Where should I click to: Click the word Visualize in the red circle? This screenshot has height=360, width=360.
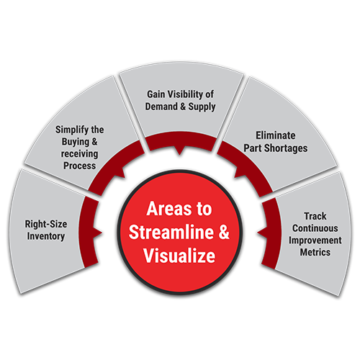coord(179,256)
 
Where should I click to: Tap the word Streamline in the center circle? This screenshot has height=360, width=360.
coord(171,232)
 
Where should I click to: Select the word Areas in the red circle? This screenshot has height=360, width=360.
coord(168,209)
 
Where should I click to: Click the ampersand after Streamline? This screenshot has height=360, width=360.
coord(224,232)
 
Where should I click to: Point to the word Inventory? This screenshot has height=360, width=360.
coord(46,236)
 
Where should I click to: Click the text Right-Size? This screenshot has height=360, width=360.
coord(46,224)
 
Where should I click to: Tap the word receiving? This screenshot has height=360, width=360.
coord(79,154)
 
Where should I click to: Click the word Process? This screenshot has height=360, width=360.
coord(79,166)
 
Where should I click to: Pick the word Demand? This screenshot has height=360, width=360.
coord(161,107)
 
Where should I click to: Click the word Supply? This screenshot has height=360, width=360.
coord(202,107)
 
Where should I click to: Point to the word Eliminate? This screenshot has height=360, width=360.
coord(276,135)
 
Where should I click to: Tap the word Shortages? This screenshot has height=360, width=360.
coord(286,148)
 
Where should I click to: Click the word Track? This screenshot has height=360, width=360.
coord(315,216)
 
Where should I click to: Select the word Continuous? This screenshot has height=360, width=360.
coord(315,228)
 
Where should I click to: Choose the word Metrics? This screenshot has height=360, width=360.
coord(315,252)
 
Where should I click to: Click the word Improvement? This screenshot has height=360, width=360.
coord(315,240)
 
